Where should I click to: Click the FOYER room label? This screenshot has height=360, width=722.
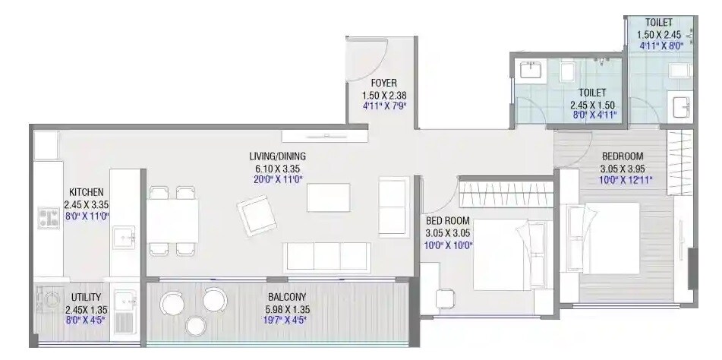383,83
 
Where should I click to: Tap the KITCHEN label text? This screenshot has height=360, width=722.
86,192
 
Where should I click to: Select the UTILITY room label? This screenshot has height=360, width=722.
86,297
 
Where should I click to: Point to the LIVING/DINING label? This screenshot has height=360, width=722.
277,156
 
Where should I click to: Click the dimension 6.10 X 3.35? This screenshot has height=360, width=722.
277,169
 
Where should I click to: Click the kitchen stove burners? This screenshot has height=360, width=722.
49,219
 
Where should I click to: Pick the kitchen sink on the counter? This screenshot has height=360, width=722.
125,238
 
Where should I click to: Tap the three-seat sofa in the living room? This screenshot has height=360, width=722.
326,257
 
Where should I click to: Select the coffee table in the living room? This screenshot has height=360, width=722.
328,197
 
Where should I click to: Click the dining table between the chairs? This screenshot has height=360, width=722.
172,221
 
